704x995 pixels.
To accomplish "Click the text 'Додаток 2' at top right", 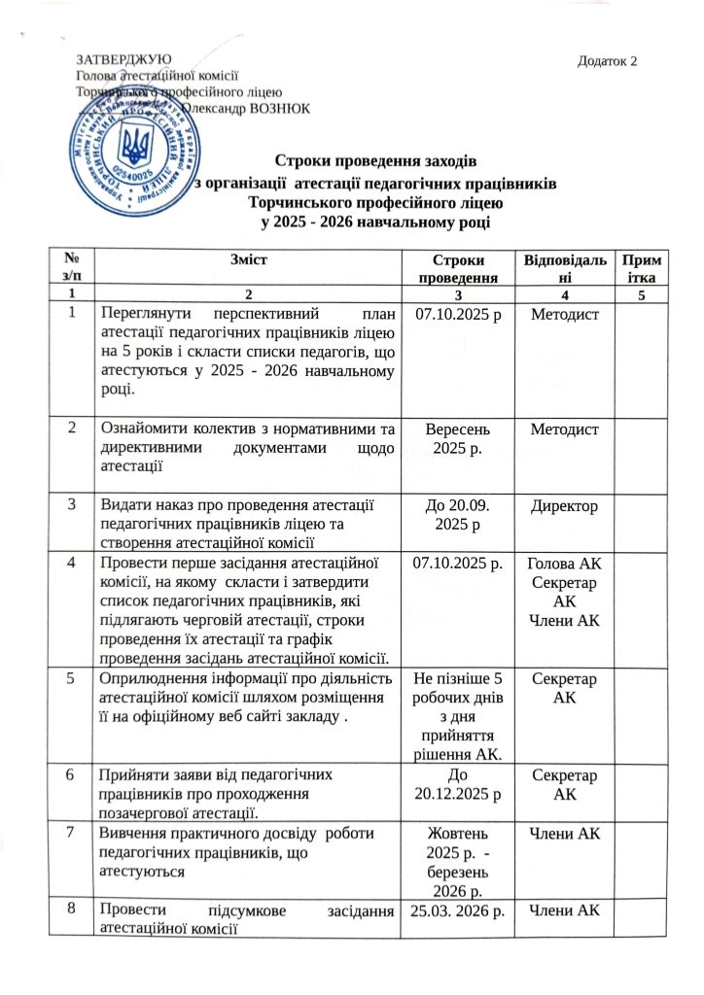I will click(x=608, y=62).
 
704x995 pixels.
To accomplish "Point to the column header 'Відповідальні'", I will click(x=568, y=268).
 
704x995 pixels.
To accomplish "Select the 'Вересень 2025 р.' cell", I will click(x=458, y=438).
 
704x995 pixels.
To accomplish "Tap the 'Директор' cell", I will click(x=568, y=507).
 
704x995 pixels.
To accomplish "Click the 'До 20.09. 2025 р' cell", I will click(x=458, y=515).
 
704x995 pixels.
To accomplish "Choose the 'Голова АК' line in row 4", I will click(x=568, y=565).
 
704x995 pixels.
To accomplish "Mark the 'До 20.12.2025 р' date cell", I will click(x=458, y=784).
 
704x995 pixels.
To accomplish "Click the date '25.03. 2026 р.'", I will click(x=458, y=910).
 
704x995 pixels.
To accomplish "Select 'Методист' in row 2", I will click(x=568, y=429).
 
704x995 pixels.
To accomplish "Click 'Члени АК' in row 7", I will click(x=568, y=834).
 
